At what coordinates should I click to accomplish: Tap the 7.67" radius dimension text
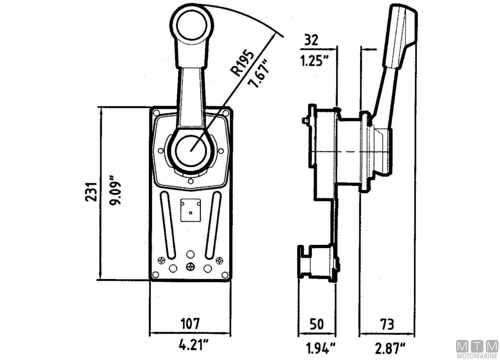click(259, 74)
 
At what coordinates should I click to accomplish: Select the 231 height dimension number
click(91, 192)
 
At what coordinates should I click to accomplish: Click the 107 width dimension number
click(190, 323)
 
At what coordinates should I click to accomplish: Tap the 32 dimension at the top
click(311, 40)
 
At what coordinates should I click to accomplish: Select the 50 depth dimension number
click(316, 324)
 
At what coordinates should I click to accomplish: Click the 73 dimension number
click(387, 324)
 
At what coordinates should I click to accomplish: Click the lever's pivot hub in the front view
click(191, 151)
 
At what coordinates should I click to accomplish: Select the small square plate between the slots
click(190, 210)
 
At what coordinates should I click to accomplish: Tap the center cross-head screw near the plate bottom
click(190, 267)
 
